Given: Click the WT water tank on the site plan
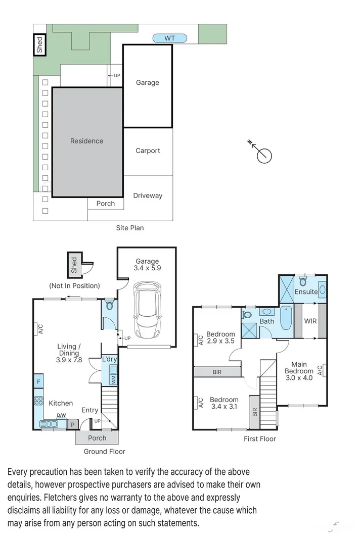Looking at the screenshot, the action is (x=169, y=38).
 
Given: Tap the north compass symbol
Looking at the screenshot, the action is (x=262, y=153).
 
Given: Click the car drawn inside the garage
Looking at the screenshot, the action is (x=147, y=310).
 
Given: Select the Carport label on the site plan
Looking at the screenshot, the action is (x=148, y=151).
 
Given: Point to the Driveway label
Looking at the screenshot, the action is (x=148, y=195).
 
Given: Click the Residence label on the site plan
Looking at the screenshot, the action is (x=87, y=141).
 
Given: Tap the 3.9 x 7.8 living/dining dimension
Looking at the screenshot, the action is (x=69, y=360).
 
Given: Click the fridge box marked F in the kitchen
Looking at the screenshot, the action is (x=38, y=381).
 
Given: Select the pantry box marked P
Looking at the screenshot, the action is (x=73, y=425).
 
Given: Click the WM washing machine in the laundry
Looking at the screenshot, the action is (x=113, y=379).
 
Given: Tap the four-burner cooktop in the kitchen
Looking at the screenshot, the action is (x=38, y=401).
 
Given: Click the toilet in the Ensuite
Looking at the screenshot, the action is (x=303, y=281).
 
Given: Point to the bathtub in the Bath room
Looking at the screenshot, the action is (x=286, y=318).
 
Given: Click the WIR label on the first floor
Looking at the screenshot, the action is (x=310, y=321).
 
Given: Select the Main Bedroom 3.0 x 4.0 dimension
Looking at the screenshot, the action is (x=299, y=378).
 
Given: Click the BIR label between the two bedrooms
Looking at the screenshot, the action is (x=217, y=372).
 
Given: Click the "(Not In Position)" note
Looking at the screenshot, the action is (x=74, y=285).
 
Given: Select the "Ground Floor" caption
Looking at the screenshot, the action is (x=104, y=451).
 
